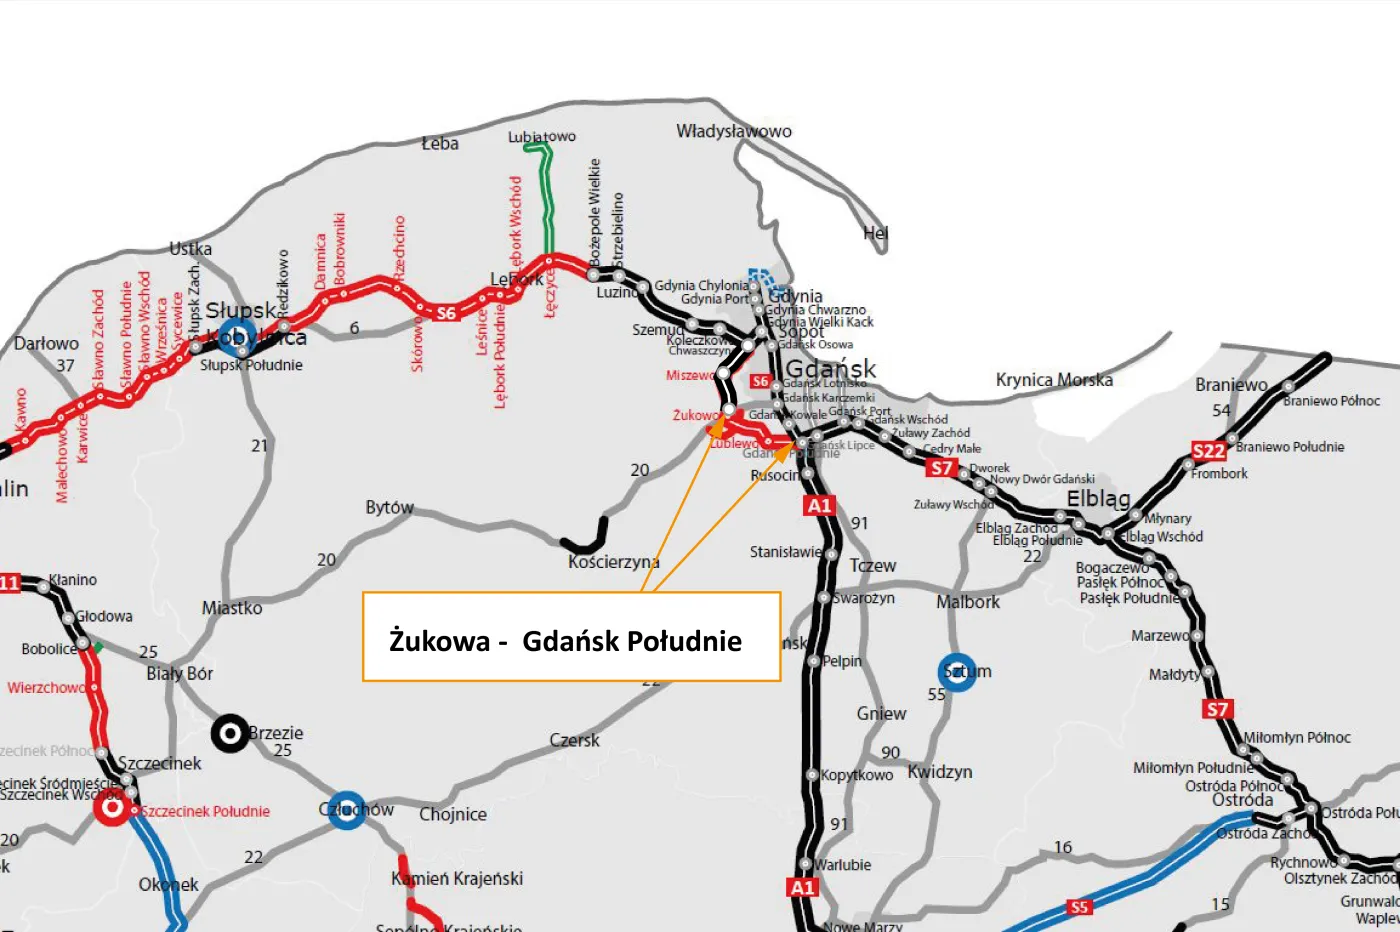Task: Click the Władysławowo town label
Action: (733, 131)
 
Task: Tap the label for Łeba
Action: (439, 143)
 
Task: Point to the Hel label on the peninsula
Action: (875, 233)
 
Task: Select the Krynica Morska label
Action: (1053, 380)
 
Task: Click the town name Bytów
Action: (389, 507)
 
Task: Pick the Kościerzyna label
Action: (613, 562)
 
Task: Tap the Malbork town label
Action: (967, 602)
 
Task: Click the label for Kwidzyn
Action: (939, 772)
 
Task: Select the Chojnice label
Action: (452, 814)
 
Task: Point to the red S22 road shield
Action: (1208, 451)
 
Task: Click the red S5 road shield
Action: (1078, 907)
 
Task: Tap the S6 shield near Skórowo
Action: (446, 313)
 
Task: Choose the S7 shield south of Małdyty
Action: (1216, 709)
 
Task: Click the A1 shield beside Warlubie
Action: (803, 887)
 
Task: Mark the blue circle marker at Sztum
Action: (957, 672)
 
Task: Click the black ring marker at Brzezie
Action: (230, 734)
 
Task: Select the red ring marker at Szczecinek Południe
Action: (112, 807)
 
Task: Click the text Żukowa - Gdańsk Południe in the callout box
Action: (565, 641)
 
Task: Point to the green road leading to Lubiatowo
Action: (547, 200)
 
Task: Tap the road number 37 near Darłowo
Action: (65, 366)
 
